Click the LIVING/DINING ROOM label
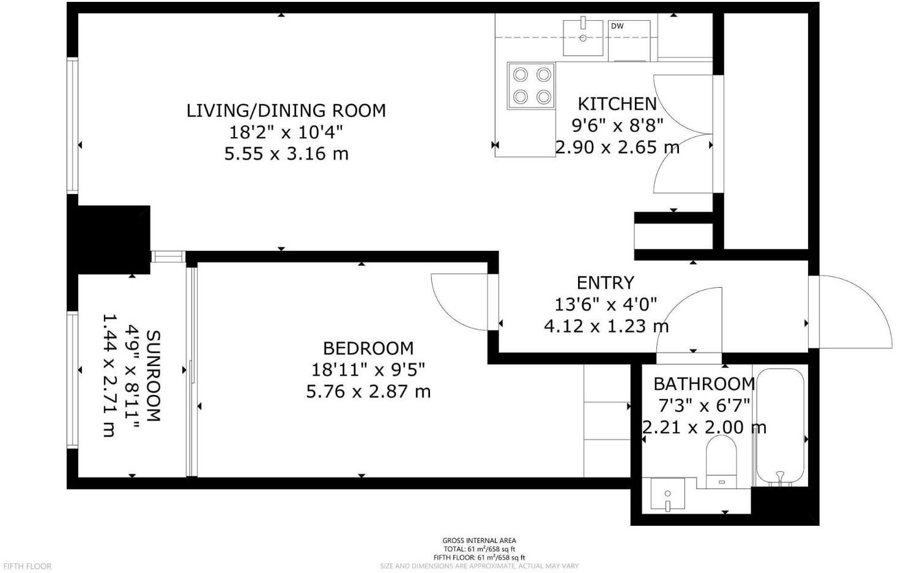286,111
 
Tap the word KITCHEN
617,104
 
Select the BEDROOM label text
368,348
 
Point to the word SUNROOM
154,376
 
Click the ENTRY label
605,283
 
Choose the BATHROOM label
703,384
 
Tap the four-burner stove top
531,86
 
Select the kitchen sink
583,37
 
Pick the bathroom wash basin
667,494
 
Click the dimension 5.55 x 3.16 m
286,153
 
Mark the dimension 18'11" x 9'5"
368,370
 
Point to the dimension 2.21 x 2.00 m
703,427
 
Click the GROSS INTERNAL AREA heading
479,541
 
